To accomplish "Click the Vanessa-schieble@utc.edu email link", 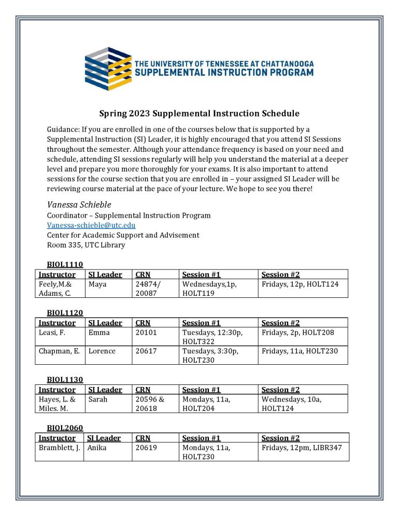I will tap(91, 225).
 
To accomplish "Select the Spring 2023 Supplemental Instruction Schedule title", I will tap(199, 113).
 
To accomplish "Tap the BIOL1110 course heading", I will tap(65, 264).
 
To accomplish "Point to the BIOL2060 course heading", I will tap(65, 428).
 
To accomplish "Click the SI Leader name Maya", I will tap(97, 284).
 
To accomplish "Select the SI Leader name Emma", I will tap(99, 333).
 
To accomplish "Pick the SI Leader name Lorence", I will tap(102, 351).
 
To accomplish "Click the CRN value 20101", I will tap(146, 333).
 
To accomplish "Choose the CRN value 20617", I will tap(146, 351).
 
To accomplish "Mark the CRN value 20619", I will tap(146, 448).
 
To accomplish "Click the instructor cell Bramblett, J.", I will tap(59, 448).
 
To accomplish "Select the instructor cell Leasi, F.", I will tap(52, 333).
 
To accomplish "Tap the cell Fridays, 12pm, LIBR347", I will tap(302, 448).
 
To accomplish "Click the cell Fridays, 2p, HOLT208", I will tap(298, 333).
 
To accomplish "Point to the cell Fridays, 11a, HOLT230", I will tap(300, 351).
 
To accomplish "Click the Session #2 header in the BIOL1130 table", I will tap(280, 390).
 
